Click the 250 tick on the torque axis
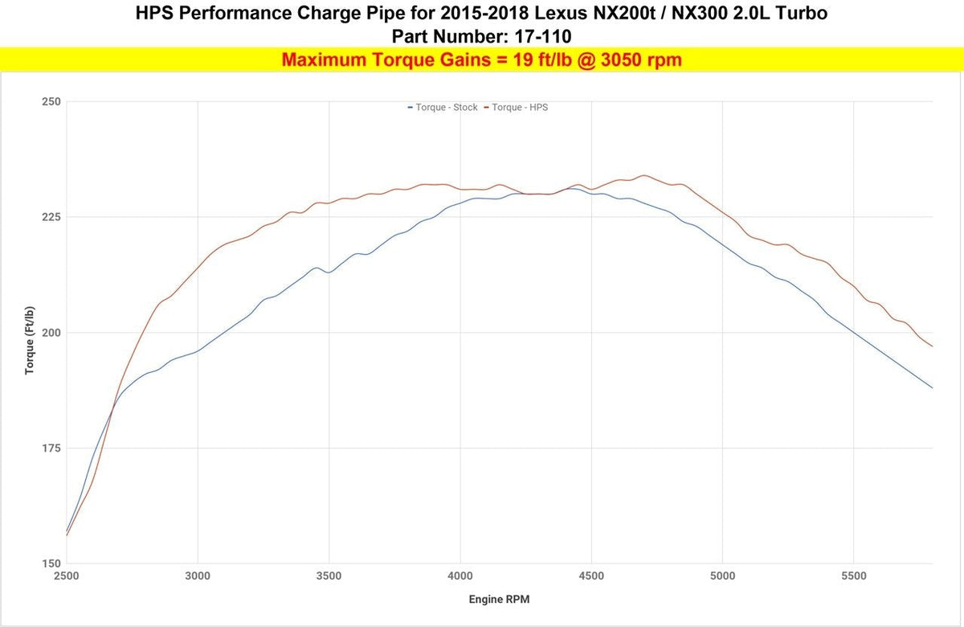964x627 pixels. pos(51,102)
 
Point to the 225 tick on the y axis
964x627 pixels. pos(51,217)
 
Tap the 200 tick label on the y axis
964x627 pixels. pos(51,333)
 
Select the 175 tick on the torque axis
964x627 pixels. pos(51,449)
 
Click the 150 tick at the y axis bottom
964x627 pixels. pos(51,563)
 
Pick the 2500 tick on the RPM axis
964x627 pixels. pos(66,576)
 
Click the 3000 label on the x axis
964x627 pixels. pos(198,576)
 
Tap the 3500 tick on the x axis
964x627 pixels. pos(329,576)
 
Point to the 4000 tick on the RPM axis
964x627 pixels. pos(460,576)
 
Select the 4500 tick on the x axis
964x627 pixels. pos(591,576)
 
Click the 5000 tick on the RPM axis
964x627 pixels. pos(722,576)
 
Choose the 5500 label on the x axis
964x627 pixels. pos(854,576)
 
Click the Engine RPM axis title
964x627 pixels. pos(499,600)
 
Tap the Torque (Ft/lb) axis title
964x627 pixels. pos(29,340)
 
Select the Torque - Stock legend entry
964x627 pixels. pos(443,107)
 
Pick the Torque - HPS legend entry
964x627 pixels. pos(516,107)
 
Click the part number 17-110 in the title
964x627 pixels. pos(543,37)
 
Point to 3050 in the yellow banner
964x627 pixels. pos(619,59)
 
